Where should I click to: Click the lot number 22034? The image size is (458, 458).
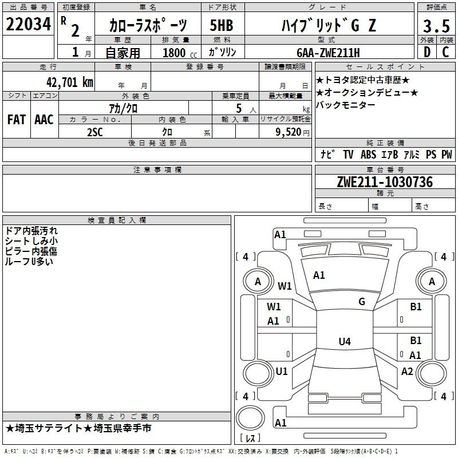(x=29, y=25)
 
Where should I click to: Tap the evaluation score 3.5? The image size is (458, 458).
(x=436, y=26)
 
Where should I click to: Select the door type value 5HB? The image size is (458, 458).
(x=221, y=26)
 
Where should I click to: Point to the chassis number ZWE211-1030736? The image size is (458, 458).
(x=384, y=182)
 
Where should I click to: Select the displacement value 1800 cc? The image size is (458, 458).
(x=177, y=53)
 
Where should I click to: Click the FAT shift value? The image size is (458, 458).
(x=16, y=120)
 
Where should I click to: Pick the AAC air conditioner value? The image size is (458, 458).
(x=44, y=120)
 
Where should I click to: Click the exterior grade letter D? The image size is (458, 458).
(x=427, y=52)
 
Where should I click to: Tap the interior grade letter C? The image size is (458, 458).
(x=445, y=52)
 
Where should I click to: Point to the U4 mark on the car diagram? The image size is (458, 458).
(x=344, y=342)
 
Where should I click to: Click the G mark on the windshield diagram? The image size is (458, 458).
(x=361, y=302)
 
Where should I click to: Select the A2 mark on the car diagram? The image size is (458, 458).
(x=407, y=371)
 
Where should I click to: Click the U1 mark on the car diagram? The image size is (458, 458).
(x=281, y=371)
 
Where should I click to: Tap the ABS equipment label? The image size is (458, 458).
(x=368, y=155)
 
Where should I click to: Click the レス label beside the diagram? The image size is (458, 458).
(x=250, y=439)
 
